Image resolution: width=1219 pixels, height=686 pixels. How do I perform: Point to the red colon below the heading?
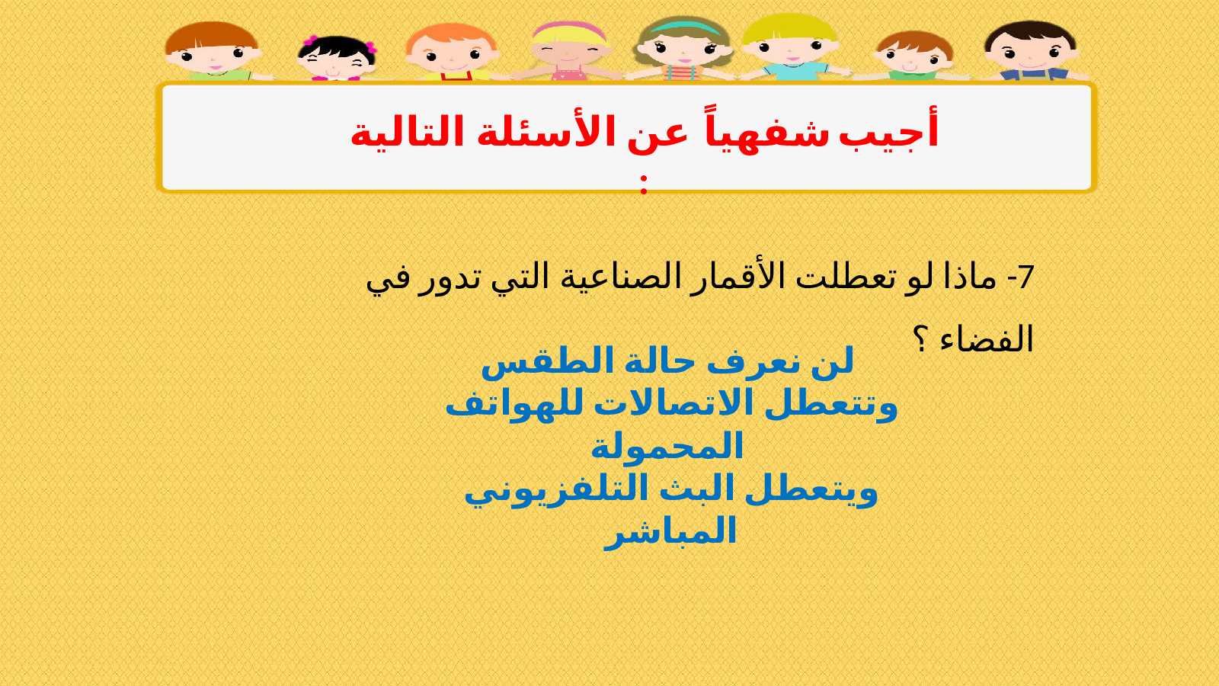[644, 184]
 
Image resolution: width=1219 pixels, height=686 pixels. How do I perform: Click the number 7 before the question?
[1024, 277]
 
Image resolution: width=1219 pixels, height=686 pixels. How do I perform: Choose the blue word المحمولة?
[667, 447]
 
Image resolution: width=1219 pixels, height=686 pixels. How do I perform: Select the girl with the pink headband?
[568, 50]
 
